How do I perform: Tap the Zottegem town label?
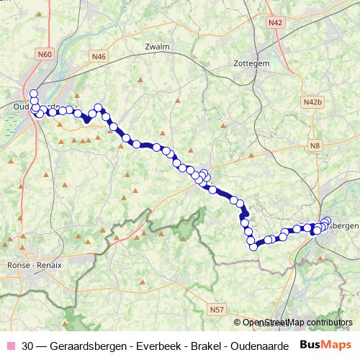[x=251, y=63]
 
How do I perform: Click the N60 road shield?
[x=47, y=54]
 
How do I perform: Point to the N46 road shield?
[x=99, y=55]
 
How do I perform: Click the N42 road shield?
[x=274, y=22]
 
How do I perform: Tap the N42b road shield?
[x=312, y=102]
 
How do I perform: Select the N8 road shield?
[x=315, y=146]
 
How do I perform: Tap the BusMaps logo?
[x=326, y=344]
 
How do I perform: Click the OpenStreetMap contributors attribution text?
[x=297, y=323]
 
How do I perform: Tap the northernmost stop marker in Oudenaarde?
[x=33, y=93]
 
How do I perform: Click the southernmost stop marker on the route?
[x=253, y=247]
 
